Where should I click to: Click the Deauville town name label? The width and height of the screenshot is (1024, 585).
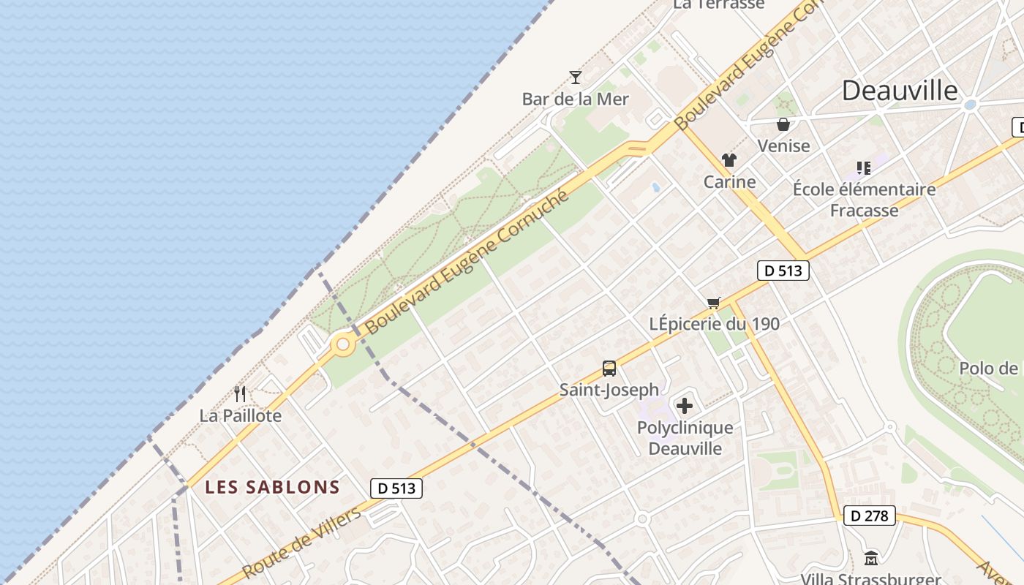(899, 90)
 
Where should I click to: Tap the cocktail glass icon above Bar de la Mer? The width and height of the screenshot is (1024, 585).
(576, 77)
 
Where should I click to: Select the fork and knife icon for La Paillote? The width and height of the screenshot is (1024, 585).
(240, 394)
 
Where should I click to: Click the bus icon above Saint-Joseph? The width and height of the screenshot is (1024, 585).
(609, 369)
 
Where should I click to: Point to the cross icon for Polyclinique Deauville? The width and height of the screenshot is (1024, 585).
(685, 406)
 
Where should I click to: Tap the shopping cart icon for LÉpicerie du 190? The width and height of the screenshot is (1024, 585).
(714, 303)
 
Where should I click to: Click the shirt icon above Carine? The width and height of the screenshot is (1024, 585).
(729, 160)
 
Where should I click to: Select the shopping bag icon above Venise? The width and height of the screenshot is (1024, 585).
(783, 124)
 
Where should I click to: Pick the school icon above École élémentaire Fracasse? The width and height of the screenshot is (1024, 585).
(864, 168)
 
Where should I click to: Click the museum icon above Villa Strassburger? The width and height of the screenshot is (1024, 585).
(870, 558)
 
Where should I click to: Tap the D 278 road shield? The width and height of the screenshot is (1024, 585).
(869, 516)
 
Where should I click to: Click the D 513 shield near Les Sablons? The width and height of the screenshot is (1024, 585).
(396, 488)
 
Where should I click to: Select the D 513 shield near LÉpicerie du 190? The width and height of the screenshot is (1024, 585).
(783, 271)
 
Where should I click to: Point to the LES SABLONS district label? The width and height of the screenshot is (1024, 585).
(272, 487)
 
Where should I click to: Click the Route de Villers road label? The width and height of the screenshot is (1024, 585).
(301, 543)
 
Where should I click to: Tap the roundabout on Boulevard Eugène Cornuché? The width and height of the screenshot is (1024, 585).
(342, 344)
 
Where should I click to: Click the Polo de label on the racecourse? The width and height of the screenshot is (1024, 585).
(988, 368)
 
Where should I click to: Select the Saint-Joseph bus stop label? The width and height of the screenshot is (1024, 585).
(609, 390)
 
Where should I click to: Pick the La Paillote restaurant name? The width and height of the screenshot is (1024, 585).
(241, 415)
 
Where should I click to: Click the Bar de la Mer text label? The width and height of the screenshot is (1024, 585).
(576, 99)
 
